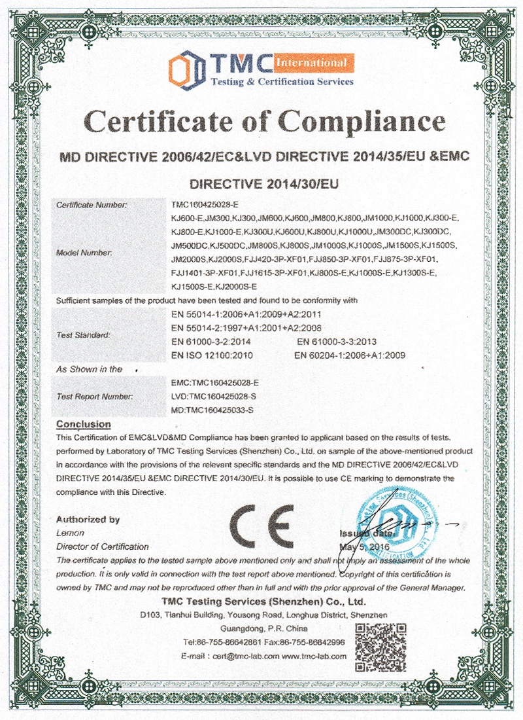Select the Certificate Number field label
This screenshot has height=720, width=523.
click(x=92, y=205)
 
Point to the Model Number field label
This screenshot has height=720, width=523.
click(x=84, y=252)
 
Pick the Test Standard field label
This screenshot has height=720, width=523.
click(x=84, y=334)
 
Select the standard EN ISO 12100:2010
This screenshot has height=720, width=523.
click(x=211, y=355)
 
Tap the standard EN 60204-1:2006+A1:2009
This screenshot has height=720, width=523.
click(x=350, y=355)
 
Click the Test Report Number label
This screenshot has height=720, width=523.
click(x=95, y=396)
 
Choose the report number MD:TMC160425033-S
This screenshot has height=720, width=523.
click(x=211, y=410)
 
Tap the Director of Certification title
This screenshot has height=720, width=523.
click(x=103, y=546)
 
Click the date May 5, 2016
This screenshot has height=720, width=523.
click(x=364, y=546)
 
